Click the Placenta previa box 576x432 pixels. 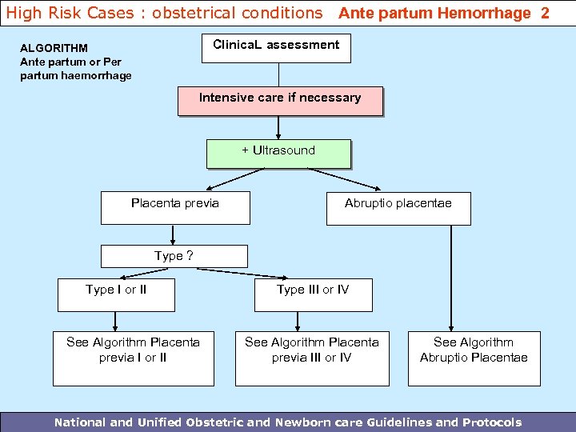[x=175, y=207]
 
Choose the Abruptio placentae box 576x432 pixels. [x=398, y=208]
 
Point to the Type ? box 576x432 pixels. [x=174, y=256]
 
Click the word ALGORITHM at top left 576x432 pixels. [x=54, y=48]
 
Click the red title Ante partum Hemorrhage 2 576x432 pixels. [x=444, y=13]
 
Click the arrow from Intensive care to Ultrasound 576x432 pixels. [x=278, y=127]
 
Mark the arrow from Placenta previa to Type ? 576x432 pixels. [x=174, y=234]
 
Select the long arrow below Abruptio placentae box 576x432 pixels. [x=452, y=276]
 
